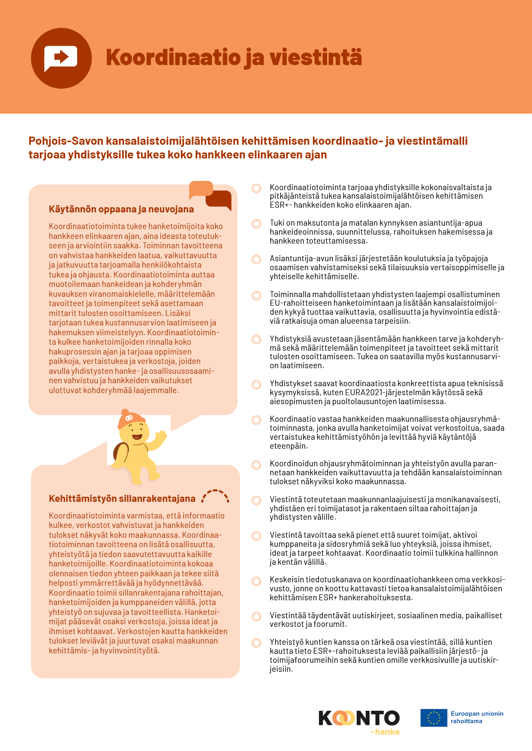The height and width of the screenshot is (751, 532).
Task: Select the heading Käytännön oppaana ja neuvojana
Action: coord(121,209)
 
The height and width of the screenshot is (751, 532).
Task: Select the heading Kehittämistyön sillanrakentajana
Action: coord(122,498)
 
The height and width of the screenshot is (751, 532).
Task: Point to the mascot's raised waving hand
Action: coord(161,437)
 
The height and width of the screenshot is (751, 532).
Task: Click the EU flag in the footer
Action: coord(434,718)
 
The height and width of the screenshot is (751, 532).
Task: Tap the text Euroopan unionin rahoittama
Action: coord(477,717)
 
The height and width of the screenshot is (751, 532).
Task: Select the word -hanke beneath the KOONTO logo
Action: coord(385,732)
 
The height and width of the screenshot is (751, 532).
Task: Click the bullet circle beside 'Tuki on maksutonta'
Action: coord(256,224)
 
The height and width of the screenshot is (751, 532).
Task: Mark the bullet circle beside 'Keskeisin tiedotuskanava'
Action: coord(256,581)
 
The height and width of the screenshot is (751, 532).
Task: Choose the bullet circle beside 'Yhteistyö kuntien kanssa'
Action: coord(256,643)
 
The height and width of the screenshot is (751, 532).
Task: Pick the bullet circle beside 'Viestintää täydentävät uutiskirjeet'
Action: coord(256,617)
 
